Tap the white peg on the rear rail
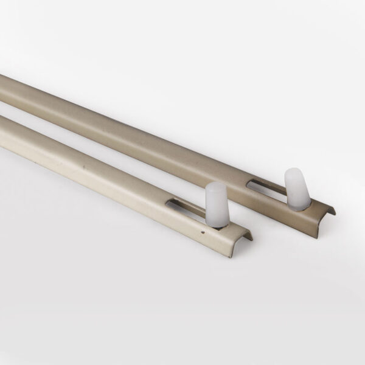click(296, 188)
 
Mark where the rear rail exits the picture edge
click(2, 85)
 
